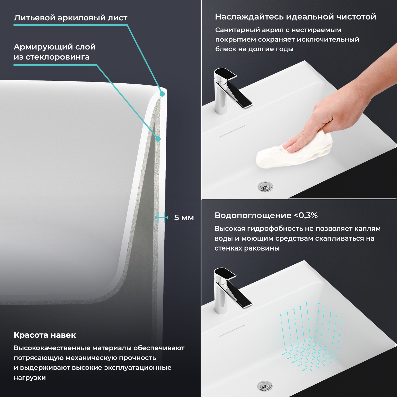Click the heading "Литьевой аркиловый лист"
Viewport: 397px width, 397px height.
(71, 18)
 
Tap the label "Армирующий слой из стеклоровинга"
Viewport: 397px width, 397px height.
(55, 52)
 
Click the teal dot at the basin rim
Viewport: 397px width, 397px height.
(162, 94)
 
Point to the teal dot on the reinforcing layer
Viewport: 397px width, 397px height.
(158, 139)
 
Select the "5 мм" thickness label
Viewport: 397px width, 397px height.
(184, 218)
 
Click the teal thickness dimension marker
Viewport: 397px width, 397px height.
(161, 218)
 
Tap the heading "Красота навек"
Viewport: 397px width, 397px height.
(45, 335)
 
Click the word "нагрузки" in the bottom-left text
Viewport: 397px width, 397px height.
(30, 378)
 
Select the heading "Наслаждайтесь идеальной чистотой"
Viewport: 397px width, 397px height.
(295, 17)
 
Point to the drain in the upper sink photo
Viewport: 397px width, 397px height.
(265, 187)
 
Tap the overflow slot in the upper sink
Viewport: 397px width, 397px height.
(232, 131)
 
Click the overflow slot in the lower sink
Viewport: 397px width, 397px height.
(232, 331)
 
